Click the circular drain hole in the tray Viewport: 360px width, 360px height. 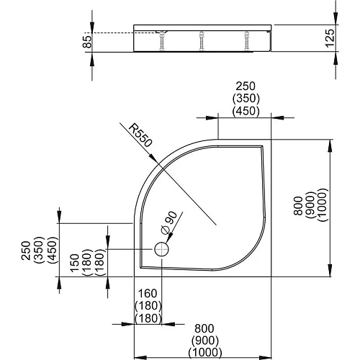point(161,249)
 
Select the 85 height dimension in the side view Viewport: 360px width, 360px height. point(86,42)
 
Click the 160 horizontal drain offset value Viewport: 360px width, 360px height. point(147,294)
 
